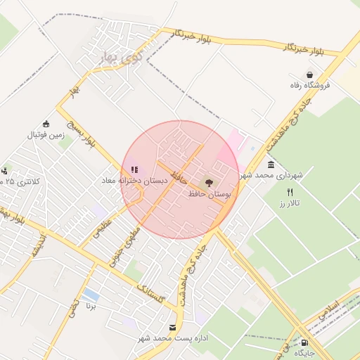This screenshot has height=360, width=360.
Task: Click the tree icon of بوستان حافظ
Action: [210, 182]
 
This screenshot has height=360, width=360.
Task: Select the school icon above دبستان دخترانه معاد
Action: [134, 169]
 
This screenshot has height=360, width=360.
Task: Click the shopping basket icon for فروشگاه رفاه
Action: [309, 75]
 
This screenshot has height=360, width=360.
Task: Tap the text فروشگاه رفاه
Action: [310, 85]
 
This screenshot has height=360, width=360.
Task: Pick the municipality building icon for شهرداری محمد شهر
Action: [271, 164]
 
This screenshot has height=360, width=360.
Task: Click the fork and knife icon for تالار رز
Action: [290, 192]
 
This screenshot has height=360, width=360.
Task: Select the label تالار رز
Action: [289, 202]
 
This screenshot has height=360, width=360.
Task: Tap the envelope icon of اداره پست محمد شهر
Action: [173, 328]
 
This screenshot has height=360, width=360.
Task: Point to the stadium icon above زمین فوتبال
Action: [46, 124]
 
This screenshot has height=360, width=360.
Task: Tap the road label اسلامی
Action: [328, 312]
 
